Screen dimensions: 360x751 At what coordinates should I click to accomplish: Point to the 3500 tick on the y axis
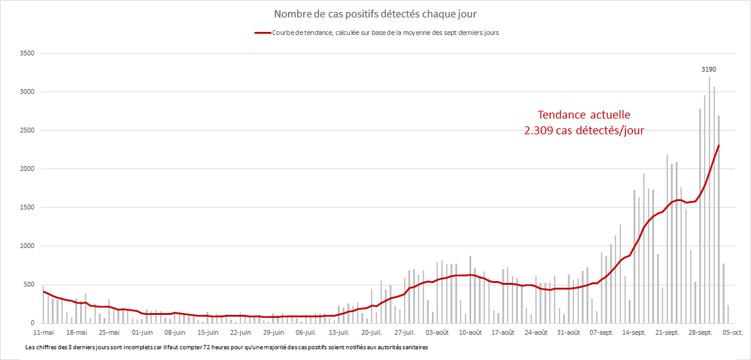pos(28,53)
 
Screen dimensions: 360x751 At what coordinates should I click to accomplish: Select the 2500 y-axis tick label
pos(28,130)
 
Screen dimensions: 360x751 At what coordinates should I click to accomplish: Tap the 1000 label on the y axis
pos(28,246)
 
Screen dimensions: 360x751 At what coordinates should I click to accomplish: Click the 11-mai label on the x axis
pos(43,332)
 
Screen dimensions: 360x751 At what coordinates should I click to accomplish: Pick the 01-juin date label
pos(141,332)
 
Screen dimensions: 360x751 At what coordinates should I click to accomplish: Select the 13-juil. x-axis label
pos(339,332)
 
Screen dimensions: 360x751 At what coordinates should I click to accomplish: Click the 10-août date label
pos(471,332)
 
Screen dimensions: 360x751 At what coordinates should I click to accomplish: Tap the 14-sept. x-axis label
pos(635,332)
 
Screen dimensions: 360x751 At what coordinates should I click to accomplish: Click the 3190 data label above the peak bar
pos(709,70)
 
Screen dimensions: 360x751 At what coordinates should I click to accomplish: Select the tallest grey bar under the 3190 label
pos(709,200)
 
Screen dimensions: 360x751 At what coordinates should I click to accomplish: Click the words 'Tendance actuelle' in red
pos(585,115)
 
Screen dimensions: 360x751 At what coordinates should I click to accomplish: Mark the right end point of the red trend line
pos(718,145)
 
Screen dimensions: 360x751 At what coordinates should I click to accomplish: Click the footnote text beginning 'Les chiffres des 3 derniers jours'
pos(227,346)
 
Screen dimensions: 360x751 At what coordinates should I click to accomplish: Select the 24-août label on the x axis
pos(536,332)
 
